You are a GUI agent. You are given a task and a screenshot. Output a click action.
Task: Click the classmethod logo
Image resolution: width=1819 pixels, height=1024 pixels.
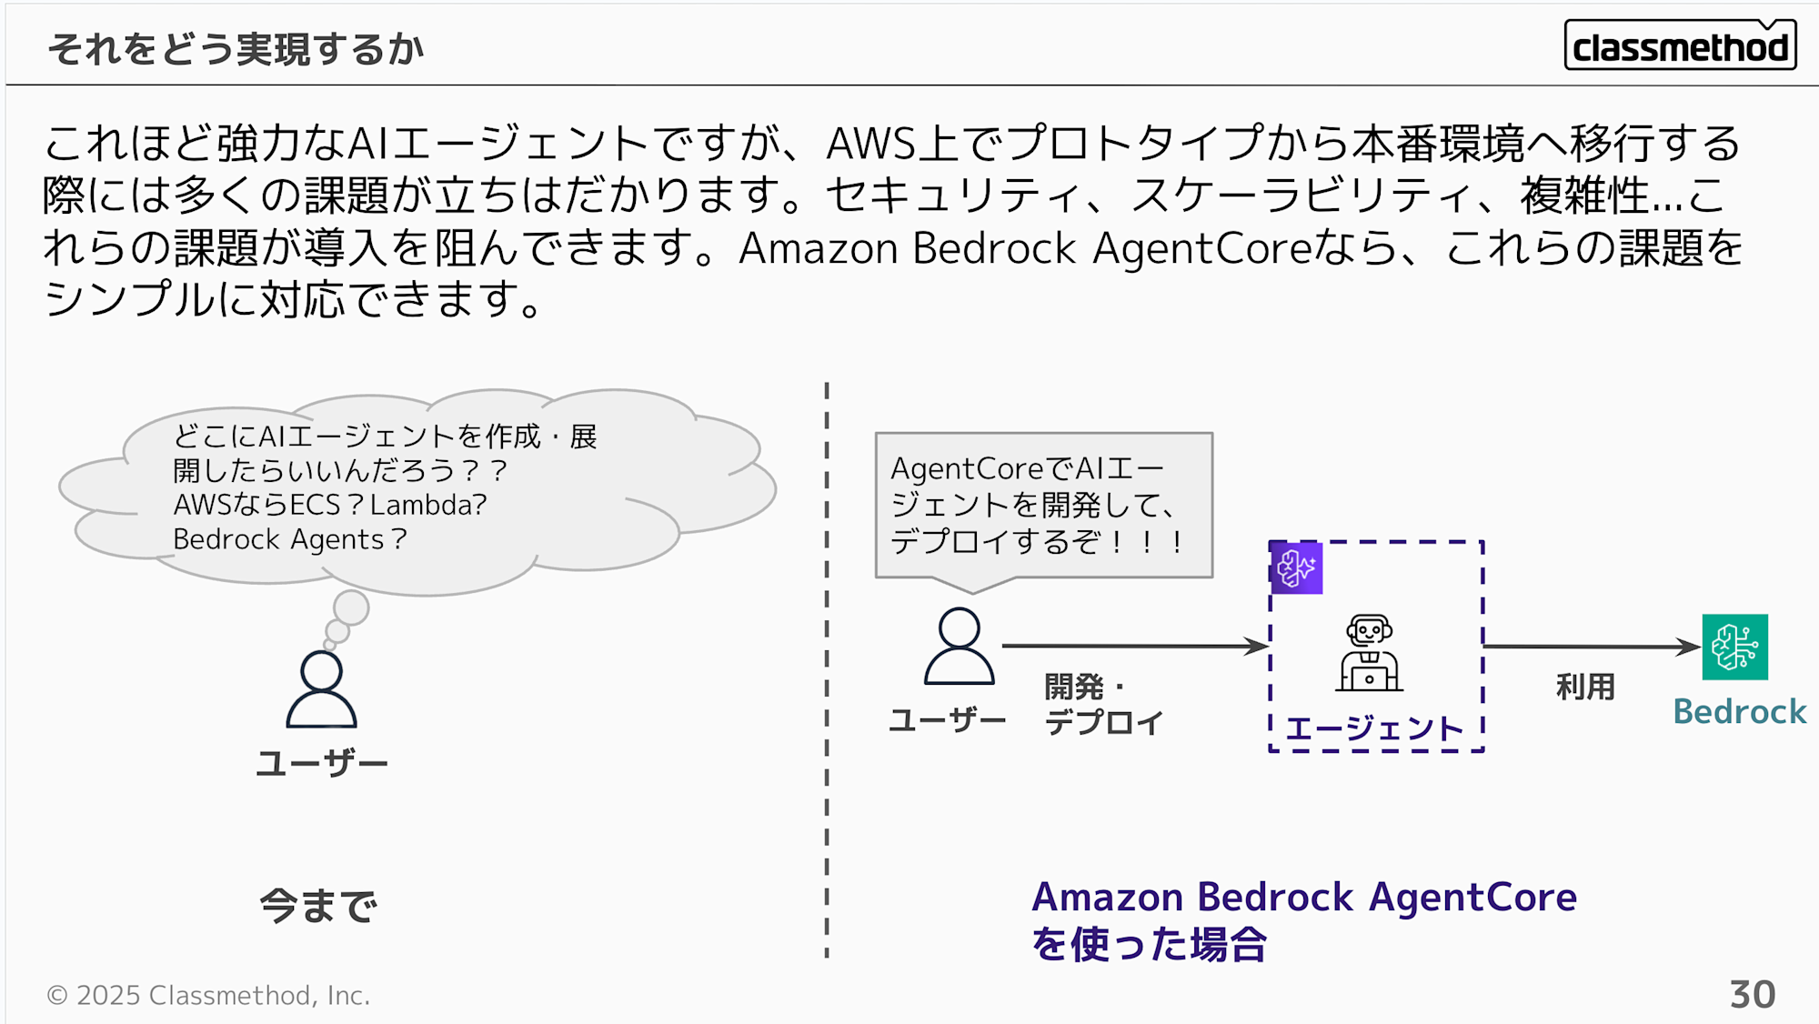(x=1680, y=45)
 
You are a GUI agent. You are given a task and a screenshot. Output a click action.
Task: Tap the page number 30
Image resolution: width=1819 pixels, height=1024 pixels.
(x=1752, y=994)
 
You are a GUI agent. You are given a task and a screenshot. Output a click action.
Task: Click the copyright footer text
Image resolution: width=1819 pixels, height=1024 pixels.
(x=208, y=995)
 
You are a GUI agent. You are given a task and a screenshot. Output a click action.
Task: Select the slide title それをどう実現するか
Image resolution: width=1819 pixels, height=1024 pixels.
(x=236, y=49)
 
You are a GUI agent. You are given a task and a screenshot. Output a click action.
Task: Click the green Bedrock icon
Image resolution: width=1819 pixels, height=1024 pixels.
(x=1734, y=647)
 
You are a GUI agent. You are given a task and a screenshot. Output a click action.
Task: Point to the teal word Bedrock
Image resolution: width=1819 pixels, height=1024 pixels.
(x=1739, y=711)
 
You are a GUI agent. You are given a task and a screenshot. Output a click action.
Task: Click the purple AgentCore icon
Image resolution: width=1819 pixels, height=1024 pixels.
(x=1296, y=568)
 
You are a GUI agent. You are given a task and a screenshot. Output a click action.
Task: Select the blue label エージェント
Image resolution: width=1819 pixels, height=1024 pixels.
(x=1373, y=728)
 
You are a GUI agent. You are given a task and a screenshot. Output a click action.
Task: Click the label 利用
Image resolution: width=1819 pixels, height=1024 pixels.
(x=1585, y=687)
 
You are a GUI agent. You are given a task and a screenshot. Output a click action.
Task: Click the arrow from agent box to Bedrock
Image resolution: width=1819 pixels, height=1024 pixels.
(x=1592, y=647)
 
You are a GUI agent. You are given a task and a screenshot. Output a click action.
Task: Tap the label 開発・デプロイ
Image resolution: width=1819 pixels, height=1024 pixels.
(x=1102, y=705)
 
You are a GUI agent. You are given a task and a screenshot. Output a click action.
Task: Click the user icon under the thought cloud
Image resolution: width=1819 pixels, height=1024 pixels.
(x=321, y=689)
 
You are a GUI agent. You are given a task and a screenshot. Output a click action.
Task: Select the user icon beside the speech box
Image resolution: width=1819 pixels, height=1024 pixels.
(x=959, y=647)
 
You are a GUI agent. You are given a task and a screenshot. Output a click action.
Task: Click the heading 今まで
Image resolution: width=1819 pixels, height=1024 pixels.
(x=318, y=906)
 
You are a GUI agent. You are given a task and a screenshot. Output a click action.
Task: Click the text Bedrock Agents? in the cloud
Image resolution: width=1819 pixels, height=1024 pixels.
(x=290, y=539)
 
